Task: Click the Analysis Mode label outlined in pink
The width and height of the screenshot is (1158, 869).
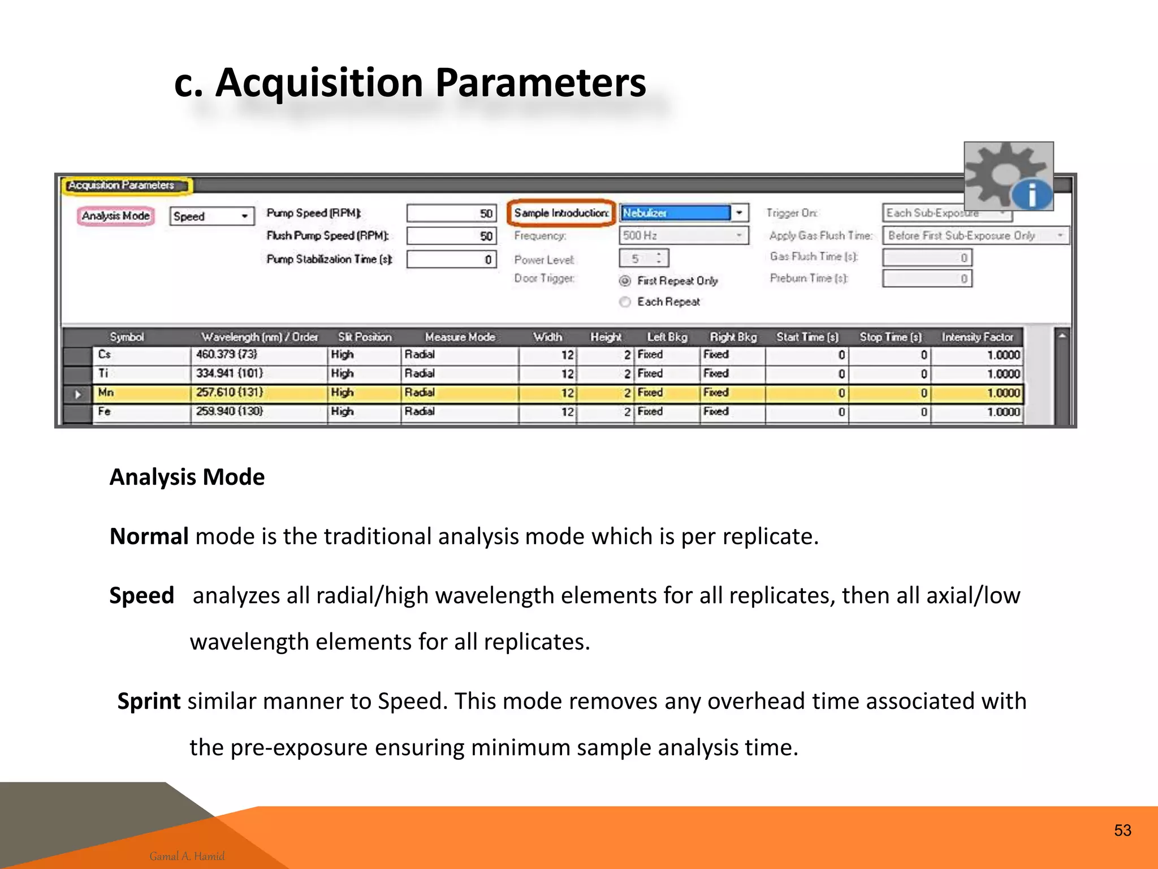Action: click(115, 216)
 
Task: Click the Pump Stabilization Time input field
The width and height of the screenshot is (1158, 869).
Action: click(451, 259)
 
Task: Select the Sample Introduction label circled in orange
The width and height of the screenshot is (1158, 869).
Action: click(561, 213)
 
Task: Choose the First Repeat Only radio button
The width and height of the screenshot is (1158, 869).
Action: click(625, 281)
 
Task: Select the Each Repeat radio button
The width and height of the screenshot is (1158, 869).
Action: click(625, 302)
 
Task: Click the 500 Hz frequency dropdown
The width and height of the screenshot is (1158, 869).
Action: click(683, 235)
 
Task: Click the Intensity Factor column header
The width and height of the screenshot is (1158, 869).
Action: click(977, 337)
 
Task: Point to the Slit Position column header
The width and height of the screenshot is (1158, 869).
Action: click(365, 337)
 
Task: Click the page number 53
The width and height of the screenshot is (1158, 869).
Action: click(1122, 831)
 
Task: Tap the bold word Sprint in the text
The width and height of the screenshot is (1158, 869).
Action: click(149, 702)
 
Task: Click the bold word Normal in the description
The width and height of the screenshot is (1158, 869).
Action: click(149, 536)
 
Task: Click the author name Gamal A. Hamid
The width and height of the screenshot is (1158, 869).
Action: click(187, 856)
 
